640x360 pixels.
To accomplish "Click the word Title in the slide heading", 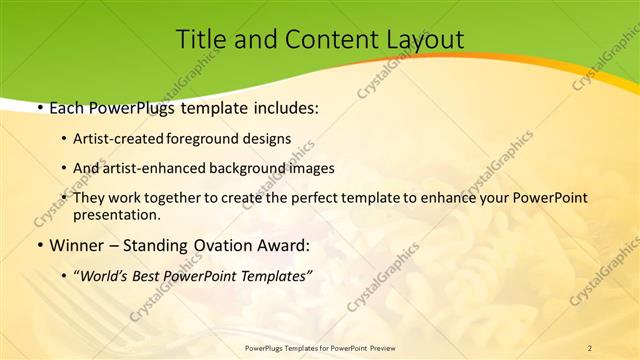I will pyautogui.click(x=200, y=40).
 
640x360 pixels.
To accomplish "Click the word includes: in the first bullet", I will pyautogui.click(x=283, y=106).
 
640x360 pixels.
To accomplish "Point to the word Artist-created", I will pyautogui.click(x=122, y=139).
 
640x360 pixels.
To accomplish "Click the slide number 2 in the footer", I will pyautogui.click(x=590, y=347).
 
